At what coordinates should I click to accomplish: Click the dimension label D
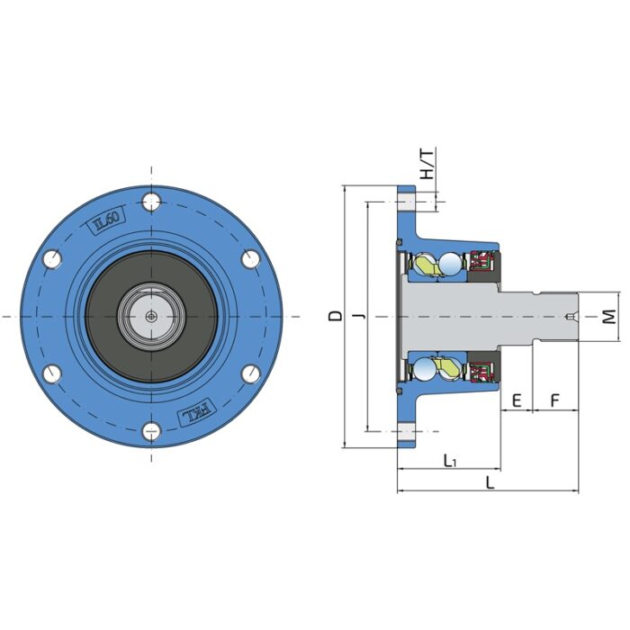pos(336,316)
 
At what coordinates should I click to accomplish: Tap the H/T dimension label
pos(427,164)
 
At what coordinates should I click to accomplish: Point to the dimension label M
pos(609,317)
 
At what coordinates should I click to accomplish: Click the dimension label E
pos(517,400)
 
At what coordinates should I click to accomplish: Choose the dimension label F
pos(554,400)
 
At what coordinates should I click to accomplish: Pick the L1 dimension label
pos(450,461)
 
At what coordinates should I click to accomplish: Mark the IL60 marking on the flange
pos(106,220)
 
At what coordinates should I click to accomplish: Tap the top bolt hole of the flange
pos(151,202)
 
